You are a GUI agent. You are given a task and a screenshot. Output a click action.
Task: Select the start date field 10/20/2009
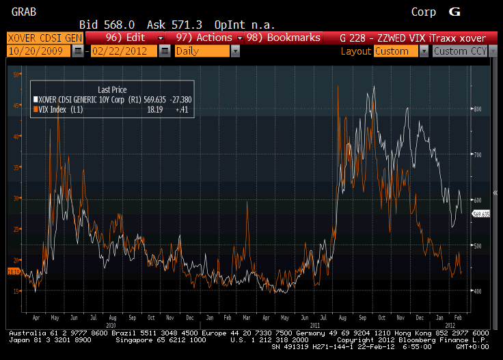tap(38, 51)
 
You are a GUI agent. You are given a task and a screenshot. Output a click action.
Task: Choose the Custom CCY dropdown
tap(464, 51)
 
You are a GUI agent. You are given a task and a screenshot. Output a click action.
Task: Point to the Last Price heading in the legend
tap(112, 89)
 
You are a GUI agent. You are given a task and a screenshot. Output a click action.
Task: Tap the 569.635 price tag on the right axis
tap(481, 214)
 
